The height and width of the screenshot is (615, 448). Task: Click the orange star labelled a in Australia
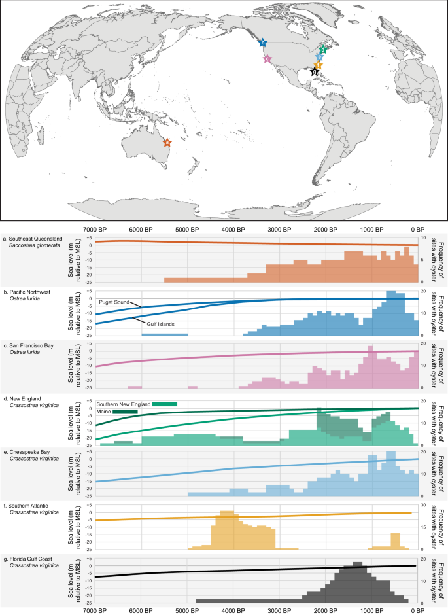[167, 142]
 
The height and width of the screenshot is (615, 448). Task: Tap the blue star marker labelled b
[263, 43]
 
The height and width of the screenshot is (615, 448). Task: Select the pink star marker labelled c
[267, 59]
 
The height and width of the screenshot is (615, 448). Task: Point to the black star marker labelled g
[315, 72]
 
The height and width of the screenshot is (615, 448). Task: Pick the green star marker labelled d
[322, 49]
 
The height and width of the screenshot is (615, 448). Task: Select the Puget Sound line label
[116, 303]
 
